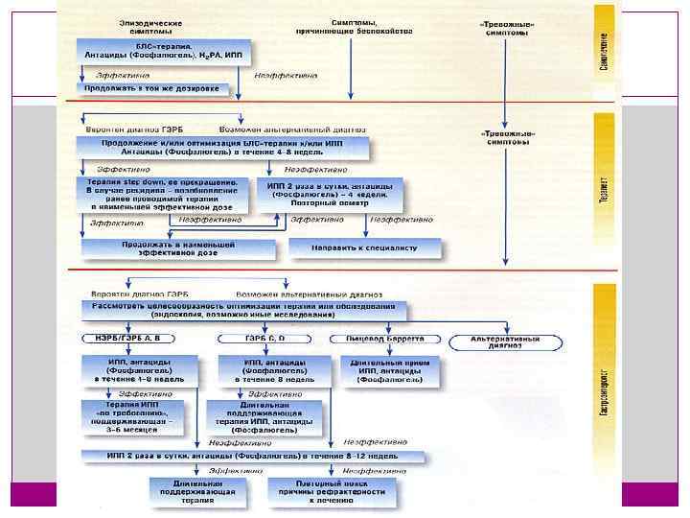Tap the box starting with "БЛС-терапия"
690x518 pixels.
pyautogui.click(x=163, y=52)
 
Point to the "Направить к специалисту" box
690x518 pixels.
pyautogui.click(x=365, y=247)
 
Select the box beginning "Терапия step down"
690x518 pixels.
pyautogui.click(x=162, y=194)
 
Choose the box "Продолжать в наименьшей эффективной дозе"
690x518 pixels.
pyautogui.click(x=166, y=247)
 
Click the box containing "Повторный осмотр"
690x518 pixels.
pyautogui.click(x=328, y=194)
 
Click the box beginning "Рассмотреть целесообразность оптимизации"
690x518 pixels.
pyautogui.click(x=244, y=310)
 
